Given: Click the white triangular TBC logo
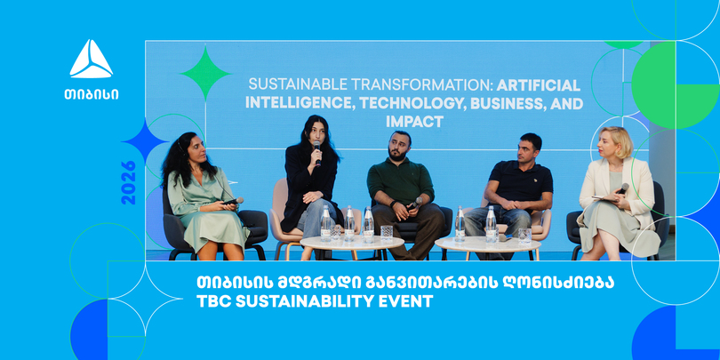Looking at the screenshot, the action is click(91, 59).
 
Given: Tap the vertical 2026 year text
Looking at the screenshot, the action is click(129, 182).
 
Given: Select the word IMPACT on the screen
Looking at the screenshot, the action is click(414, 122).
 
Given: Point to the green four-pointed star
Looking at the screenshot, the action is click(205, 73).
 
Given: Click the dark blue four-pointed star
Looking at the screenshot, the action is click(144, 141).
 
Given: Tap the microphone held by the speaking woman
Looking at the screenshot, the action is click(316, 151).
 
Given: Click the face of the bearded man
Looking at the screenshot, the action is click(397, 147).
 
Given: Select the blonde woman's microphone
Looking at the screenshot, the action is click(622, 188).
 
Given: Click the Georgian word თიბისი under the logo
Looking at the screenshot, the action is click(91, 94).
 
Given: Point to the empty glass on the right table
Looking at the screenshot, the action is click(524, 236).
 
